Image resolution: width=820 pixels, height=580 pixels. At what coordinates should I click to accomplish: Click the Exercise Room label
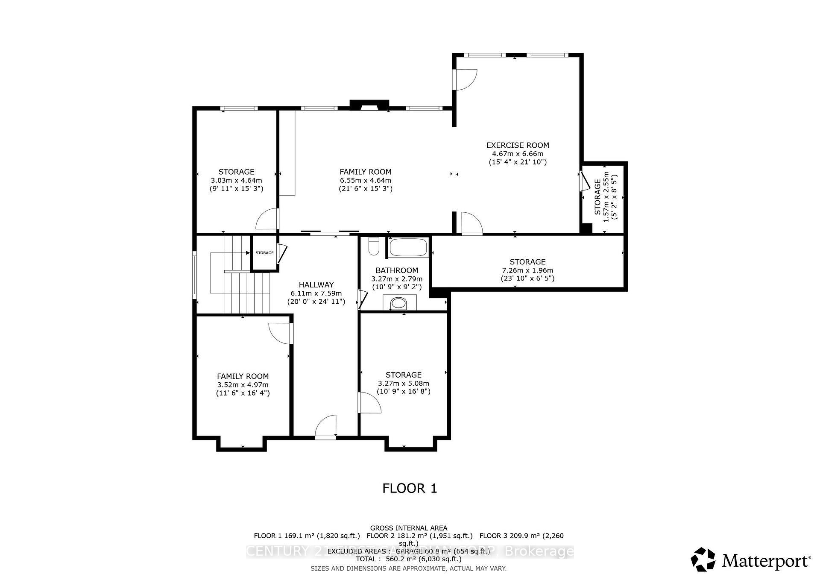pyautogui.click(x=518, y=145)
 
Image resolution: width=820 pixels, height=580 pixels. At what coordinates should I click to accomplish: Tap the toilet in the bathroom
pyautogui.click(x=374, y=246)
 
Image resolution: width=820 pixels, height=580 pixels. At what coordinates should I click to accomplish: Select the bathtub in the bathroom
pyautogui.click(x=408, y=247)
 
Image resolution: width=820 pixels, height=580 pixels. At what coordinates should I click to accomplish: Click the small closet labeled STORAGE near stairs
pyautogui.click(x=264, y=253)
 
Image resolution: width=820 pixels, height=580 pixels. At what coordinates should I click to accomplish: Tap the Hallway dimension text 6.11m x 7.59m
pyautogui.click(x=316, y=293)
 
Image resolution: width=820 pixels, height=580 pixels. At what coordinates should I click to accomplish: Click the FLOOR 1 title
pyautogui.click(x=410, y=488)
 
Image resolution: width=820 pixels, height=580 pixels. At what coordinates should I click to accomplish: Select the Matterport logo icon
pyautogui.click(x=703, y=559)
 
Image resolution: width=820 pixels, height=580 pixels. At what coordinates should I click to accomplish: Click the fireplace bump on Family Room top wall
pyautogui.click(x=369, y=105)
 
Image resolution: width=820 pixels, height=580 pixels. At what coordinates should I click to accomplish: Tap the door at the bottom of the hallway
pyautogui.click(x=326, y=427)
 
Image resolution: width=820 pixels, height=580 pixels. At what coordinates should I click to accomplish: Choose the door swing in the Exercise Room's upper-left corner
pyautogui.click(x=465, y=79)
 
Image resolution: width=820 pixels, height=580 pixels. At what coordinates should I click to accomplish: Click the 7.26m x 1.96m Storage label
pyautogui.click(x=527, y=262)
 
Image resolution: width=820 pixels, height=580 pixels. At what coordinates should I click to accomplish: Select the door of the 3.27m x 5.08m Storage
pyautogui.click(x=369, y=402)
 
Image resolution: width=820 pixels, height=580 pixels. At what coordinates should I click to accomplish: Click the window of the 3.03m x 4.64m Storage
pyautogui.click(x=239, y=108)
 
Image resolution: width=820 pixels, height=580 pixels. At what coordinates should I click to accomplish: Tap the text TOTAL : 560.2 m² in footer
pyautogui.click(x=409, y=559)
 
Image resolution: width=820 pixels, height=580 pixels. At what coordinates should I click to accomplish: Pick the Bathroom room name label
pyautogui.click(x=397, y=270)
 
